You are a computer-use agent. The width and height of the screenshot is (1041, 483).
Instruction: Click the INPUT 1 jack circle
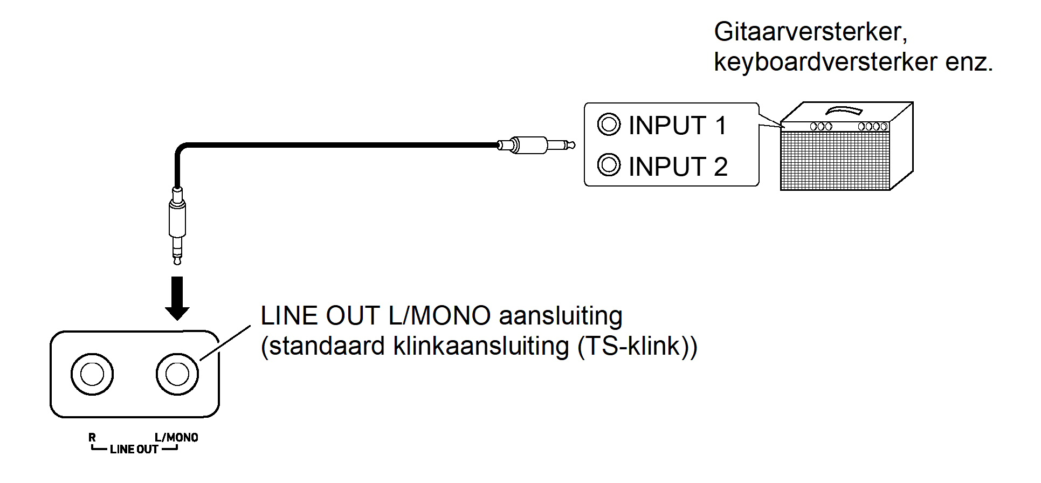click(x=609, y=125)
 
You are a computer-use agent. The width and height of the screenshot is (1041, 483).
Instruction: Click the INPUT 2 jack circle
click(x=609, y=165)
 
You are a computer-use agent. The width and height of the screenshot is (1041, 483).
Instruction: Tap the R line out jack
click(x=92, y=374)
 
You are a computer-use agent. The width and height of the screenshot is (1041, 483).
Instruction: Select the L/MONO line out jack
click(x=177, y=374)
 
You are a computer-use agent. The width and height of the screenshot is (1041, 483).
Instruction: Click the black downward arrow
click(x=177, y=298)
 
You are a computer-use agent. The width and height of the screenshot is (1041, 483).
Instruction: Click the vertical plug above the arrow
click(x=177, y=224)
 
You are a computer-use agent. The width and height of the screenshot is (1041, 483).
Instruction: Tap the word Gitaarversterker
click(x=810, y=32)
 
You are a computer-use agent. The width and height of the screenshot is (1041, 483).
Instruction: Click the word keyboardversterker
click(x=825, y=62)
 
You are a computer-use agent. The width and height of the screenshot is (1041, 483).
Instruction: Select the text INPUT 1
click(x=678, y=126)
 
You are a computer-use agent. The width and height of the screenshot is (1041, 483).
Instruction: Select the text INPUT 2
click(x=678, y=167)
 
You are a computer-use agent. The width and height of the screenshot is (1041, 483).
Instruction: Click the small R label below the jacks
click(x=92, y=437)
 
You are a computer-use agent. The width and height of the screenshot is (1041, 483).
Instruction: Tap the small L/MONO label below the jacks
click(x=176, y=437)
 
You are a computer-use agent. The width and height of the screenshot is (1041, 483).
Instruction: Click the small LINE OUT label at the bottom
click(x=134, y=450)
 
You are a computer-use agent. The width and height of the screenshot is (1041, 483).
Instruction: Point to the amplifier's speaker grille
click(x=835, y=160)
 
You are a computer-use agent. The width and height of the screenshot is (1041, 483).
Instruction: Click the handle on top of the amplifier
click(x=844, y=111)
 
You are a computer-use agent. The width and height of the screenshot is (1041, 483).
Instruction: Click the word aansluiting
click(x=561, y=316)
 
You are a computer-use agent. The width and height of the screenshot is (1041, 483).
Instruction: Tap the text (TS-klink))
click(x=637, y=347)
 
